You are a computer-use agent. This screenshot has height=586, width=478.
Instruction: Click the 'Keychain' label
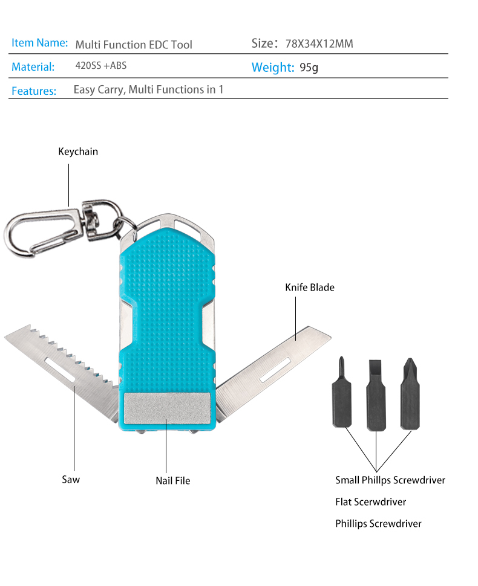tap(77, 152)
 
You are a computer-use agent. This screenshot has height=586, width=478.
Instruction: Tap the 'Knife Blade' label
tap(309, 288)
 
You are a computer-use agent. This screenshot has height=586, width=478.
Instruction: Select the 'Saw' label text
tap(70, 480)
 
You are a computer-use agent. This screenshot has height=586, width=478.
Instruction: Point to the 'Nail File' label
tap(172, 481)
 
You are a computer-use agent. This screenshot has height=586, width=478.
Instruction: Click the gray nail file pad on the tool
tap(167, 408)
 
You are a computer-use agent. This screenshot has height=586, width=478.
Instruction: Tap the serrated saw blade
tap(61, 362)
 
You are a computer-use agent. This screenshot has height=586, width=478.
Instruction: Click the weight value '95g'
tap(309, 68)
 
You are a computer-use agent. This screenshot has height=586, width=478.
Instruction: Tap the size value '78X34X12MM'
tap(319, 44)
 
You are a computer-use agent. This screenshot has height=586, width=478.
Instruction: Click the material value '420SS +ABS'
tap(100, 66)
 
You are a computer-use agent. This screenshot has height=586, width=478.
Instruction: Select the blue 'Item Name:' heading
tap(39, 43)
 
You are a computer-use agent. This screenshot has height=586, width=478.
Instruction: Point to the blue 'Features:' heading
tap(34, 91)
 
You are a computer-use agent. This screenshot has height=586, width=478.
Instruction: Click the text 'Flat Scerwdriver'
tap(370, 502)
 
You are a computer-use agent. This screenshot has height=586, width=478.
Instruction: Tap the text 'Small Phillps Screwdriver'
tap(390, 480)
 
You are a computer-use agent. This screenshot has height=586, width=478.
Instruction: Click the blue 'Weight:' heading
tap(273, 67)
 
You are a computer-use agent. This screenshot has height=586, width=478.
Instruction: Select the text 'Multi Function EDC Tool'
tap(134, 45)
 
